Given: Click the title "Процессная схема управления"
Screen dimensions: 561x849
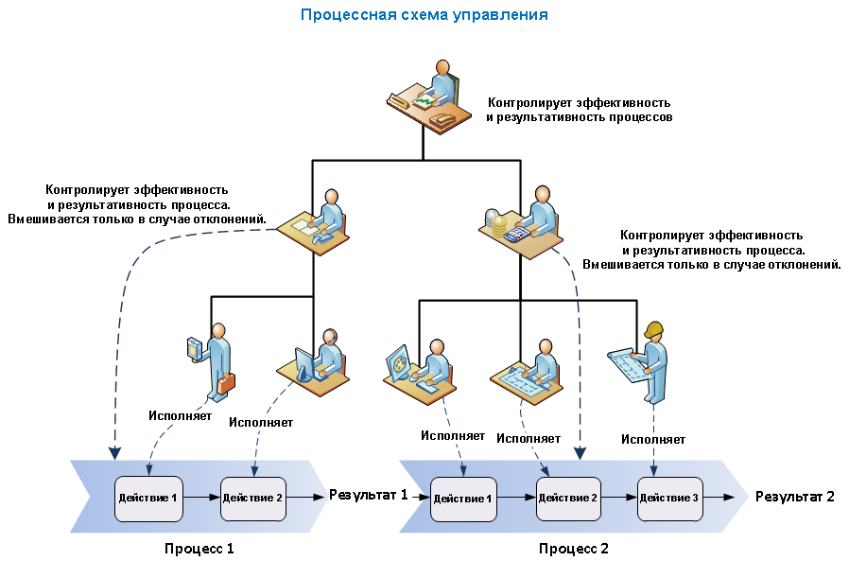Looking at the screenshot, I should [424, 15].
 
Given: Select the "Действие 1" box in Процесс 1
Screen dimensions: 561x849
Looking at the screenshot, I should [147, 498].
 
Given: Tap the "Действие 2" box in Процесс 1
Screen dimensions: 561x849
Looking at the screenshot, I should [252, 498].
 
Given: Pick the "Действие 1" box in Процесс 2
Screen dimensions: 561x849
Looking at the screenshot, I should [462, 499].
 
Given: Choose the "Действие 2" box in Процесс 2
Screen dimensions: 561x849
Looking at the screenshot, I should [568, 498].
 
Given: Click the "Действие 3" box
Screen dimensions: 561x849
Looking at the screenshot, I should [669, 498].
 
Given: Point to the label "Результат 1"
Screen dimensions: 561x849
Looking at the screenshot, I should [369, 494].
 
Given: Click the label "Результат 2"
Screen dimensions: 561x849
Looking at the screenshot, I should [794, 497].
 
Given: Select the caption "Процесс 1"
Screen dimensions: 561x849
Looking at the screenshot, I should [199, 548].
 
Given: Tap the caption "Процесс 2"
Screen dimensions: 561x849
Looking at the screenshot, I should [574, 548].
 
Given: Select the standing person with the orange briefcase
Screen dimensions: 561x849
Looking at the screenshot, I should [216, 359].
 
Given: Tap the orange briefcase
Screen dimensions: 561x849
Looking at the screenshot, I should [226, 382].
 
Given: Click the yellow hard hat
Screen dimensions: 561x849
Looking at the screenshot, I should [652, 328].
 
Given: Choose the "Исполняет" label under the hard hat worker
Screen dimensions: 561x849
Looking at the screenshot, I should [653, 439].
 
